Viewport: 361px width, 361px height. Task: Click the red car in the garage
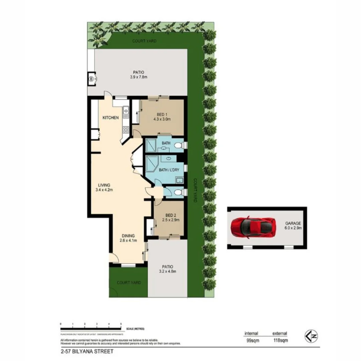pyautogui.click(x=253, y=227)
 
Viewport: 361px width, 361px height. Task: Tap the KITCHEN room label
pyautogui.click(x=110, y=118)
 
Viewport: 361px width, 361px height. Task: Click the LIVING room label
pyautogui.click(x=104, y=186)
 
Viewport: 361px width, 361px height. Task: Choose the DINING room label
pyautogui.click(x=128, y=235)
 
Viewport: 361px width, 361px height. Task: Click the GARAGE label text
pyautogui.click(x=293, y=223)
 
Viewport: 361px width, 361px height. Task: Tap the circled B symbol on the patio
pyautogui.click(x=91, y=79)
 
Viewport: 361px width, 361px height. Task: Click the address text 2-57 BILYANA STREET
pyautogui.click(x=85, y=351)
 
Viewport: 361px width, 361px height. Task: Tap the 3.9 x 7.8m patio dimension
pyautogui.click(x=139, y=77)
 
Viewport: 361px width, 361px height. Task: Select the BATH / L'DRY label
pyautogui.click(x=169, y=170)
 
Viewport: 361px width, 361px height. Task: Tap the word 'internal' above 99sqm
pyautogui.click(x=251, y=333)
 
